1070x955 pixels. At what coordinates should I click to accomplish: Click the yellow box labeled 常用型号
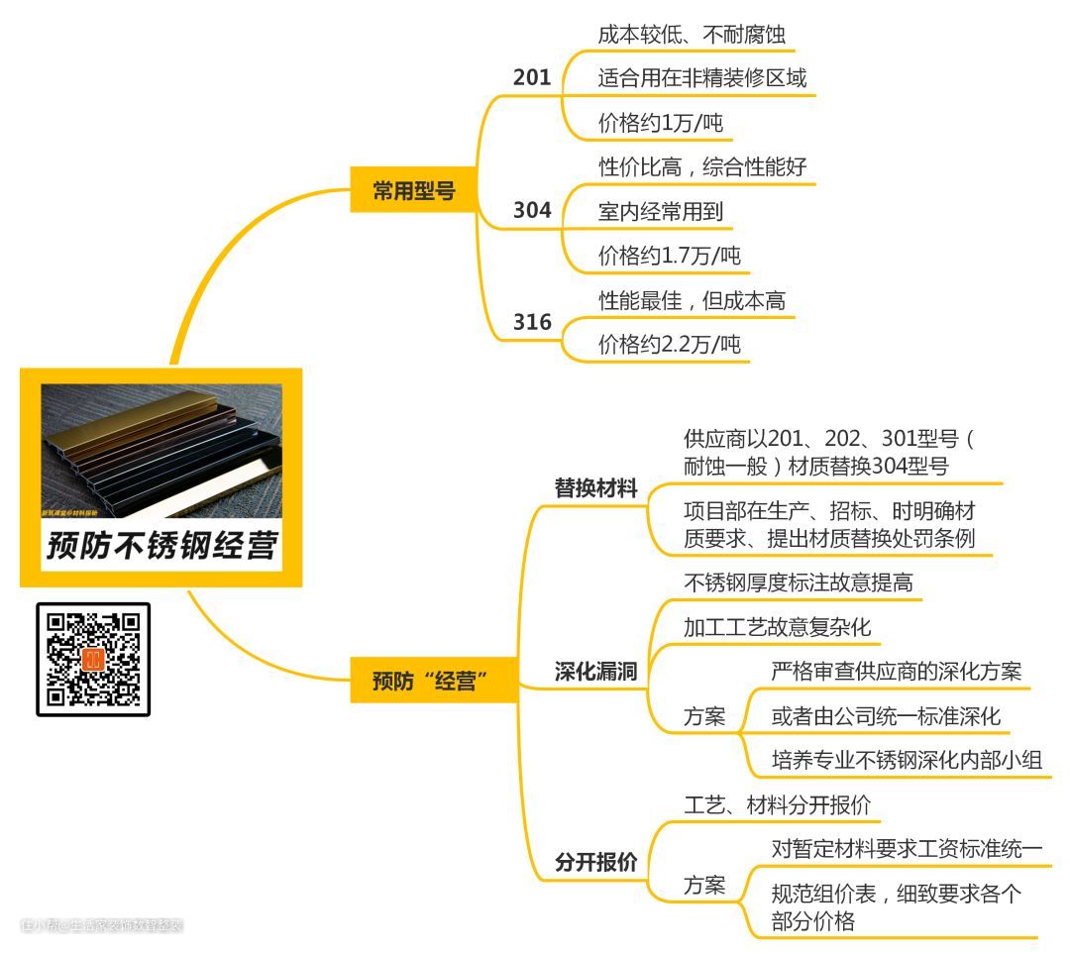coord(413,191)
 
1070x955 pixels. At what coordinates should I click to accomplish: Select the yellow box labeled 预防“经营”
coord(434,682)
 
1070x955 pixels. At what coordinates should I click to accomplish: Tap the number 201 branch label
coord(532,77)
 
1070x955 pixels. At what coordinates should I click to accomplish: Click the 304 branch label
coord(532,211)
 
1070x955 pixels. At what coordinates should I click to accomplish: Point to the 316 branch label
coord(532,323)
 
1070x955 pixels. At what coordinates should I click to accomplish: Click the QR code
coord(94,659)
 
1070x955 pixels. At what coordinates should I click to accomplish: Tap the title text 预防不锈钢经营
coord(160,545)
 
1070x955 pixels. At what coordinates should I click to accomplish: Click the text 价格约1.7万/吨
coord(670,257)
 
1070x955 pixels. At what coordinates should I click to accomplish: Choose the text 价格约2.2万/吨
coord(670,345)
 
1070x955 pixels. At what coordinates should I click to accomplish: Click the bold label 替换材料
coord(595,488)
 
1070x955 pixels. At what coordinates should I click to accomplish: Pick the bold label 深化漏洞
coord(595,673)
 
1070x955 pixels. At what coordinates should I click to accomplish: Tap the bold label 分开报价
coord(595,862)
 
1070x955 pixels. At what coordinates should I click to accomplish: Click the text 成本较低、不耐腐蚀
coord(692,35)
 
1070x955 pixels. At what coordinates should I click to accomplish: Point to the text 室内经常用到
coord(661,211)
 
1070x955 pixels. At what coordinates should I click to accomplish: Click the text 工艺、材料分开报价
coord(777,804)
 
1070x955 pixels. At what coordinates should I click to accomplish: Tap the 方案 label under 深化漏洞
coord(704,717)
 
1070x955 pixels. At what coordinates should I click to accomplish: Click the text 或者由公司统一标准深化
coord(887,716)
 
